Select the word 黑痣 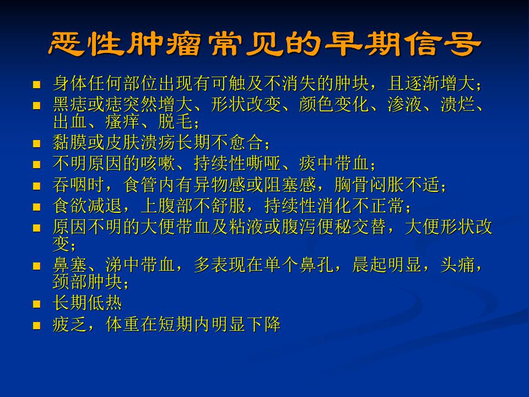(70, 105)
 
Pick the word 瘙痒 (123, 121)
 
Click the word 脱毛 (175, 121)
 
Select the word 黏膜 (70, 142)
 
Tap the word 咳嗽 (158, 163)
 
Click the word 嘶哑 (263, 163)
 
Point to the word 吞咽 (70, 185)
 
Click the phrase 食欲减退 (88, 206)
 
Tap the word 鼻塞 (70, 265)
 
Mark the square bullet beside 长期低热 (36, 304)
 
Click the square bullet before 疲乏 (36, 325)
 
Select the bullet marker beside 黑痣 (36, 106)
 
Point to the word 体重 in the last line (123, 324)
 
